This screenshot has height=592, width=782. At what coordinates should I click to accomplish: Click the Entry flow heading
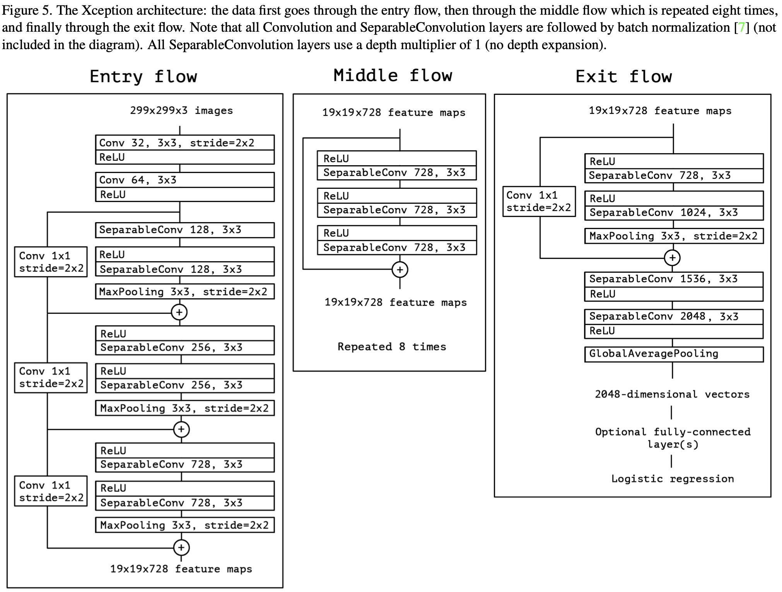pyautogui.click(x=143, y=77)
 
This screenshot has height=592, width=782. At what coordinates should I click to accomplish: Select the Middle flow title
pyautogui.click(x=393, y=75)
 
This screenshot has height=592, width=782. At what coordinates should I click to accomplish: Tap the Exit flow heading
pyautogui.click(x=623, y=77)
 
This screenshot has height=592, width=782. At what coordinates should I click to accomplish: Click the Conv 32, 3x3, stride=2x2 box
pyautogui.click(x=185, y=143)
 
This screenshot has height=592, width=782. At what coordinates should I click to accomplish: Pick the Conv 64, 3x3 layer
pyautogui.click(x=185, y=180)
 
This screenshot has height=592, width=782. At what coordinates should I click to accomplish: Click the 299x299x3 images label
pyautogui.click(x=181, y=111)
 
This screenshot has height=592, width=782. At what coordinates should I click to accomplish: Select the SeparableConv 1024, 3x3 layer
pyautogui.click(x=674, y=212)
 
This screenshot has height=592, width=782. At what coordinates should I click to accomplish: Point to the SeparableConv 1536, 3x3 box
pyautogui.click(x=674, y=279)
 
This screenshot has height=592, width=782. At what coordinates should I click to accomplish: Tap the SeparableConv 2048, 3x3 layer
pyautogui.click(x=674, y=317)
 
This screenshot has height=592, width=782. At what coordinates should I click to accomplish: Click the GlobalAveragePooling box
pyautogui.click(x=674, y=354)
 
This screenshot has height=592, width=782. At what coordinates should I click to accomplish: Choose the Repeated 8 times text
pyautogui.click(x=392, y=346)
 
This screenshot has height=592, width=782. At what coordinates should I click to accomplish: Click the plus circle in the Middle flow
pyautogui.click(x=400, y=270)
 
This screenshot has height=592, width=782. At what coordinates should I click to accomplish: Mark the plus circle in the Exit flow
pyautogui.click(x=673, y=258)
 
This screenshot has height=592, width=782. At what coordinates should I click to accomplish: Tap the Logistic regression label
pyautogui.click(x=673, y=479)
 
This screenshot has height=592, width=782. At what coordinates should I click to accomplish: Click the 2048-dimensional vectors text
pyautogui.click(x=672, y=394)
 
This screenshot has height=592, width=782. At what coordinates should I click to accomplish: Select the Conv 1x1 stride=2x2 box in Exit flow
pyautogui.click(x=539, y=202)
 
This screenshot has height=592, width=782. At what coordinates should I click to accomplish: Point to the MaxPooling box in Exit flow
pyautogui.click(x=674, y=236)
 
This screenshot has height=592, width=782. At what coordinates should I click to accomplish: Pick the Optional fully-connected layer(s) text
pyautogui.click(x=673, y=438)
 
